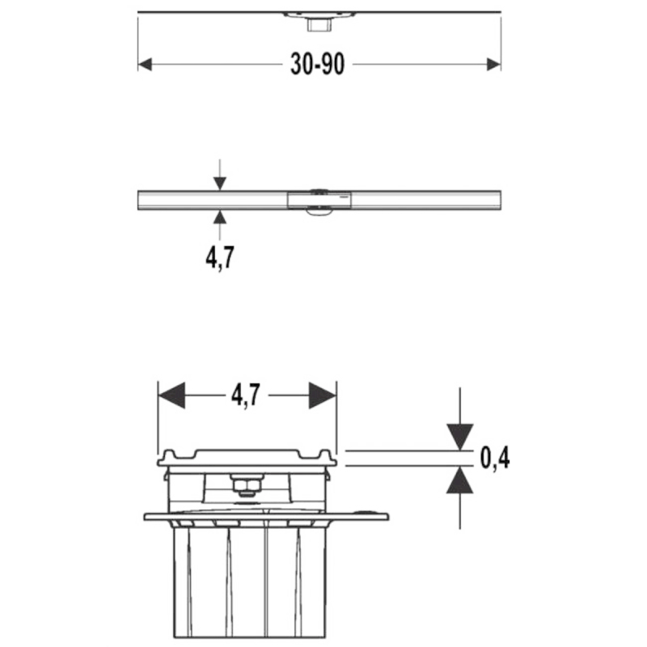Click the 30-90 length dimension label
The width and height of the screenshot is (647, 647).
tap(317, 65)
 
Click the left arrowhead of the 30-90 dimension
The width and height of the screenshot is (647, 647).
tap(145, 65)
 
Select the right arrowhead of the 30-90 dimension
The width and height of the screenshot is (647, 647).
tap(494, 65)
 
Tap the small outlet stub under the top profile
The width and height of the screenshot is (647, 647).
tap(319, 25)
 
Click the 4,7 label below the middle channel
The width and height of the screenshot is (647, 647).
tap(220, 257)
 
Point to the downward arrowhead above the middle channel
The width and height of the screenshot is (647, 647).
tap(220, 184)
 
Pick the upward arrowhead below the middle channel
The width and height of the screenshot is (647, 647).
tap(220, 217)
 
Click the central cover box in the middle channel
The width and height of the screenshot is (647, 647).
tap(319, 200)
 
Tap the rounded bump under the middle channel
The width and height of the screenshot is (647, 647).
tap(319, 212)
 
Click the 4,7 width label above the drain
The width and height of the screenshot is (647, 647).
tap(246, 395)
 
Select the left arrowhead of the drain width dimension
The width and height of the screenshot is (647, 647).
tap(171, 395)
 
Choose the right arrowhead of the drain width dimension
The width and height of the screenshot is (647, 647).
tap(323, 395)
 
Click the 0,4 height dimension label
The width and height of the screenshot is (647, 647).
tap(495, 458)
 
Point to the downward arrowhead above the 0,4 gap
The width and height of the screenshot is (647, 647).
tap(459, 437)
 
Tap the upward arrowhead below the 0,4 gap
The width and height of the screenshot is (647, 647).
tap(459, 480)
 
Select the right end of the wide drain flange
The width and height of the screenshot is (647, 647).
tap(387, 517)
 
